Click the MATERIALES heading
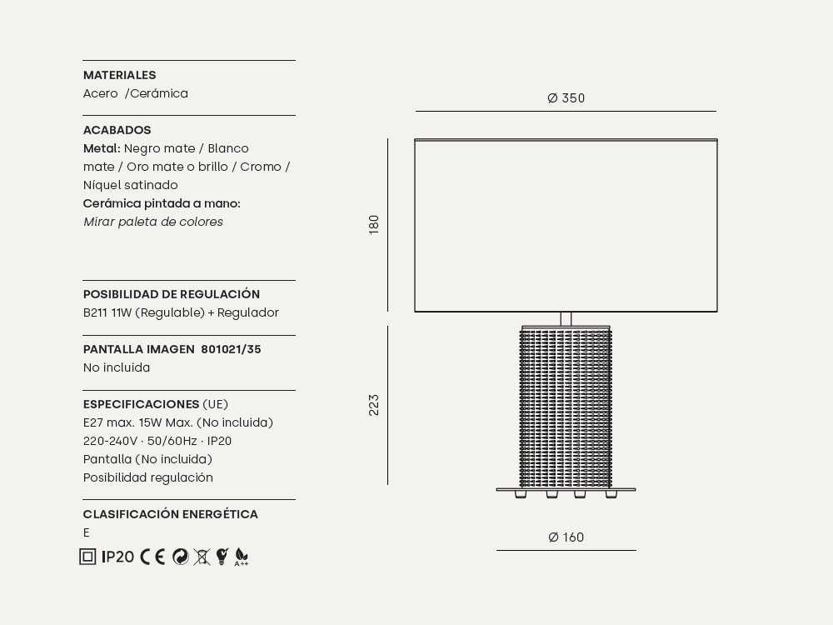(x=119, y=75)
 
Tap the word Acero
(x=100, y=93)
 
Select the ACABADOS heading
(x=117, y=130)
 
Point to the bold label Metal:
(x=102, y=148)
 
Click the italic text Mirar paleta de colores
(x=153, y=222)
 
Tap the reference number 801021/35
(x=231, y=349)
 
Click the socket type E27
(x=93, y=422)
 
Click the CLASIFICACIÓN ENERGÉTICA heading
(x=170, y=514)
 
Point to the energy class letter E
(x=87, y=532)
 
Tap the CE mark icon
(x=152, y=557)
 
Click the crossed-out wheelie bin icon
(x=202, y=557)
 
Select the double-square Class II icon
(x=87, y=557)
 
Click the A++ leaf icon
(x=242, y=557)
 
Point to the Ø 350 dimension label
(x=566, y=98)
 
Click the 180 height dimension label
(x=374, y=224)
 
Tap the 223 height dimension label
(x=374, y=405)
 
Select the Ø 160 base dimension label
(x=566, y=537)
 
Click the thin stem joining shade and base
(x=566, y=318)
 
